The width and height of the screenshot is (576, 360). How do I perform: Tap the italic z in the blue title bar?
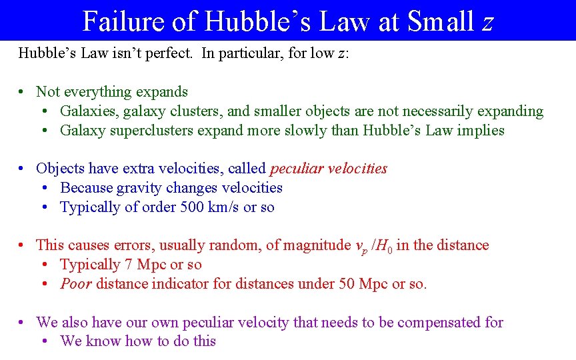[x=487, y=23]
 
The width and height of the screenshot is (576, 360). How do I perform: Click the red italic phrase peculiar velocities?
[x=328, y=169]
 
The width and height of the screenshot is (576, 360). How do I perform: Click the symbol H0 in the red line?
[x=385, y=246]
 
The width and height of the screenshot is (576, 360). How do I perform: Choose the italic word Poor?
[x=76, y=284]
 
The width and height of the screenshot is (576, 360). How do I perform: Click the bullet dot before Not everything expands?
[x=22, y=93]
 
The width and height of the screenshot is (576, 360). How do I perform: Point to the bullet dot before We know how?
[x=45, y=342]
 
